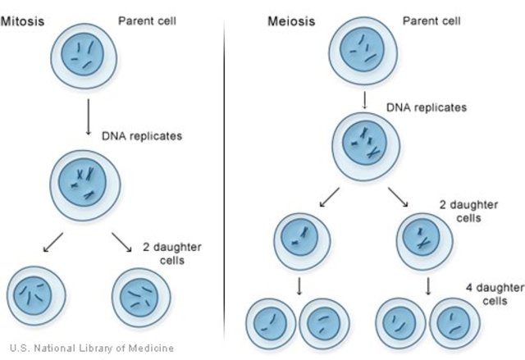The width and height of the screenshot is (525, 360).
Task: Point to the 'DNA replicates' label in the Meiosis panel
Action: coord(426,107)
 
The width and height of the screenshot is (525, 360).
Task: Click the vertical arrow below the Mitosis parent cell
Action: coord(86,119)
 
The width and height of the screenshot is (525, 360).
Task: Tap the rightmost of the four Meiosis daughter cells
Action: coord(454,323)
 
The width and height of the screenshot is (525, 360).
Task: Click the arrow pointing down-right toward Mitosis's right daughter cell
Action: coord(120,244)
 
